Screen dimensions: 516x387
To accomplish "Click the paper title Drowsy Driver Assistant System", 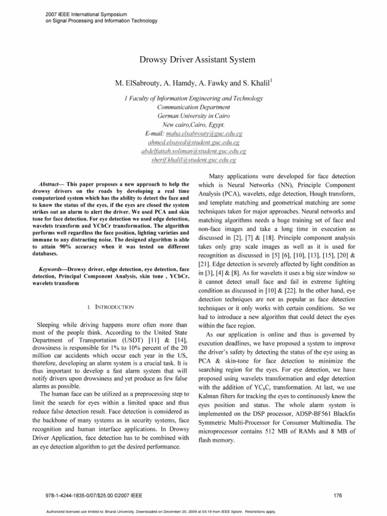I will [193, 60].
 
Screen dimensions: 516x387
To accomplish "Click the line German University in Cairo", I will [193, 115].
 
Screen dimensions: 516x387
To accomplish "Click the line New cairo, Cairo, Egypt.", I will [193, 124].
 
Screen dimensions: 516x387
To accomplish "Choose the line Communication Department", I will [193, 107].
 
